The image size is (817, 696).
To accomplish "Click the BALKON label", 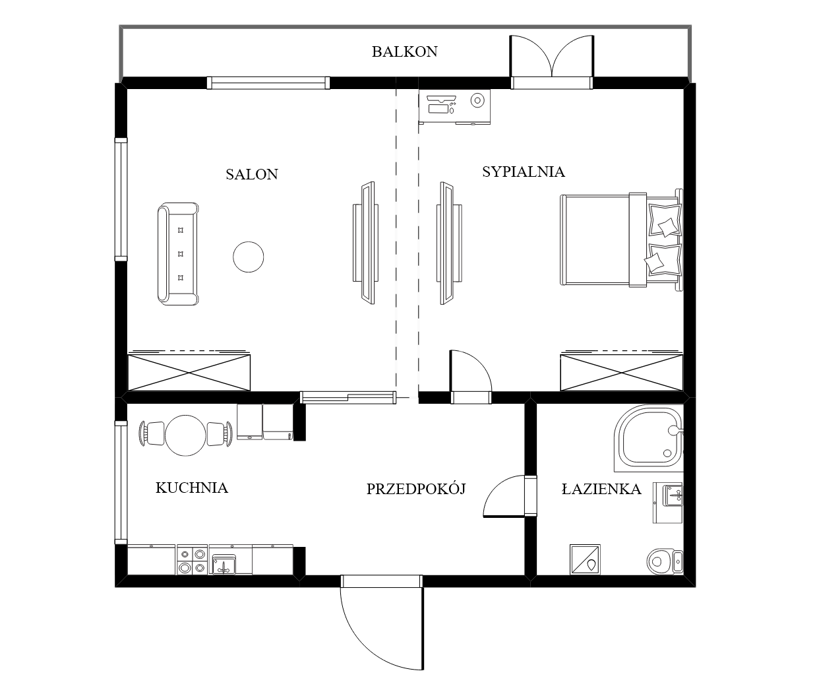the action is click(x=404, y=52).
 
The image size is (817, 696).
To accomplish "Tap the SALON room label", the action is click(x=252, y=174).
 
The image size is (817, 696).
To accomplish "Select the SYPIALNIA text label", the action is click(x=524, y=172).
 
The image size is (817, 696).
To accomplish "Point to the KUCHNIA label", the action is click(x=192, y=488).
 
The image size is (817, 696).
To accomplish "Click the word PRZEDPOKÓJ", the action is click(x=416, y=489).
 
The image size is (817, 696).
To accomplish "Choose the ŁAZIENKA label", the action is click(x=601, y=489).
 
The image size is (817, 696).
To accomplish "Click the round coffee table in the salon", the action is click(x=248, y=257).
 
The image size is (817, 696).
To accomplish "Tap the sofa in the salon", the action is click(x=178, y=254).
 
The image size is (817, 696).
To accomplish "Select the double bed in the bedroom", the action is click(x=621, y=239).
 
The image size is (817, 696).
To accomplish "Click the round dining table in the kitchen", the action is click(x=185, y=435).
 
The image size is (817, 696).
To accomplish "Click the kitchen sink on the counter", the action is click(x=224, y=564).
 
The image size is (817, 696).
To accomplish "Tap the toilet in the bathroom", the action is click(x=665, y=561).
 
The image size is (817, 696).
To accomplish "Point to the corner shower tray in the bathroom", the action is click(x=649, y=438).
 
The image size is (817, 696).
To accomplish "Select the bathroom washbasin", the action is click(x=673, y=496).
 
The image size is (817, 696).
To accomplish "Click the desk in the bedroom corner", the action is click(x=454, y=106).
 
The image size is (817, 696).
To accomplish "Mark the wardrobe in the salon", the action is click(x=189, y=373).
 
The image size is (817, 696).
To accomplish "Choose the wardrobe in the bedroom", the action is click(x=621, y=373).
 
